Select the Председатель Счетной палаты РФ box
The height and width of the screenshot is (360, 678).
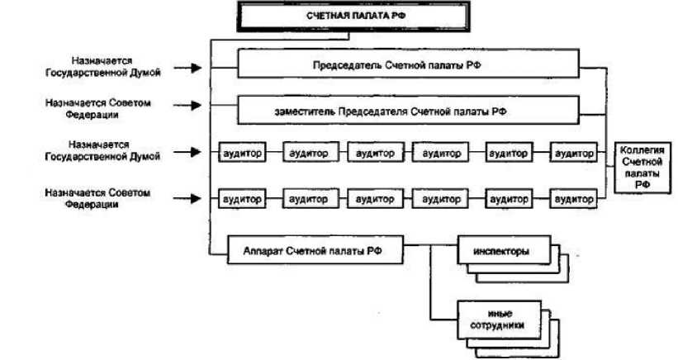point(408,64)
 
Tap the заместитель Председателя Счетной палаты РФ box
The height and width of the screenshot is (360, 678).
point(408,110)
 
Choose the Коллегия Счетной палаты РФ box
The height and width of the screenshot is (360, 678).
point(642,168)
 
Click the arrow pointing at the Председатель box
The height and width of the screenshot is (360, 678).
point(191,68)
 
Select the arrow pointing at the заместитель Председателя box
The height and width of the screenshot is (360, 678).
point(191,105)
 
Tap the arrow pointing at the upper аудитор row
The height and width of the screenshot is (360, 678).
point(191,153)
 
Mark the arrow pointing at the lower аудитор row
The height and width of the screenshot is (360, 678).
point(191,198)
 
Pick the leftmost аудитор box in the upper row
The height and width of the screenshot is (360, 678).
point(242,154)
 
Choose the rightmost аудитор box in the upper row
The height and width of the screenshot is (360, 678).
point(574,154)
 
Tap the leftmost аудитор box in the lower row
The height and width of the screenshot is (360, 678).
point(242,200)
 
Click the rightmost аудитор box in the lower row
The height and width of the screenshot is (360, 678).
point(574,200)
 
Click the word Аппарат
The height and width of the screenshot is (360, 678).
point(263,249)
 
